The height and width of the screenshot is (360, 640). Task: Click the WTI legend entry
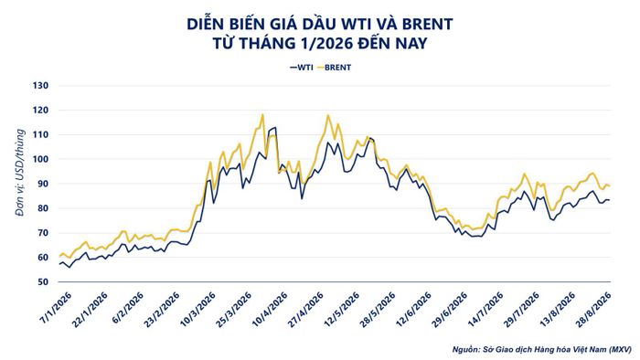[x=301, y=68]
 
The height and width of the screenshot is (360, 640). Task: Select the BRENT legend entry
[x=334, y=68]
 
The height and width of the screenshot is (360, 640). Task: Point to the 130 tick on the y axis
[x=41, y=86]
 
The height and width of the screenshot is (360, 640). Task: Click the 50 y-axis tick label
[x=43, y=281]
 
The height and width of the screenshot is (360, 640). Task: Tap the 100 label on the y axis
[x=41, y=159]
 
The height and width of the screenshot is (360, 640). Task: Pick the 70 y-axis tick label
[x=43, y=233]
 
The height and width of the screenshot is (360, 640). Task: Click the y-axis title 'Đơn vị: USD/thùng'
[x=19, y=173]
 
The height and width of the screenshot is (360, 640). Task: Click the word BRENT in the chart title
[x=427, y=24]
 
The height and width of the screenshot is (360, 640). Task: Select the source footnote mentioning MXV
[x=541, y=349]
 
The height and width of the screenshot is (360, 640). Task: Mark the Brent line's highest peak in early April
[x=262, y=114]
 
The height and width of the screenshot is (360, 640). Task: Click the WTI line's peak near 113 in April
[x=275, y=127]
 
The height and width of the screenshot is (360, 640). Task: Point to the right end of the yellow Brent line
[x=610, y=186]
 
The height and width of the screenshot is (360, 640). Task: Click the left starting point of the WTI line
[x=59, y=264]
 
